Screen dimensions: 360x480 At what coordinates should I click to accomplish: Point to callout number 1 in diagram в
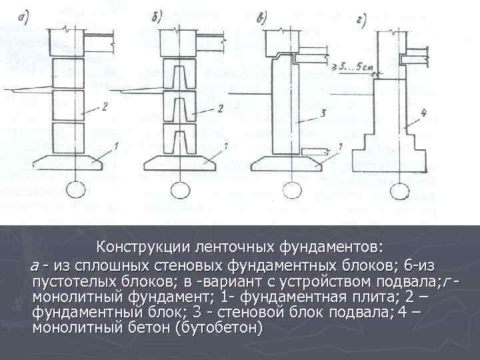tap(341, 146)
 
